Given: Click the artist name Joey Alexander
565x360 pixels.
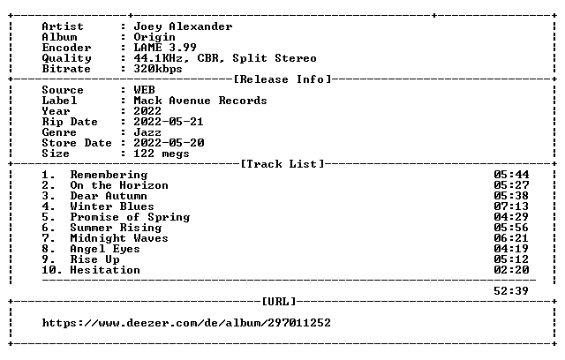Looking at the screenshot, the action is click(183, 26).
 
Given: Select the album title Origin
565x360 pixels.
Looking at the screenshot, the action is click(154, 37).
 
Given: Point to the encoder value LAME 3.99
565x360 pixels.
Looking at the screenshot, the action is click(165, 48).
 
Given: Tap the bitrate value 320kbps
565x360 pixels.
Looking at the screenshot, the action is click(158, 69).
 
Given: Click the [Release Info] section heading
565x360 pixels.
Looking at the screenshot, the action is click(282, 79).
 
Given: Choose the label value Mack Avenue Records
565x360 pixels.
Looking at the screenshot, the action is click(200, 101).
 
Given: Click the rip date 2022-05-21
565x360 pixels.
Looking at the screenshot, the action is click(169, 122).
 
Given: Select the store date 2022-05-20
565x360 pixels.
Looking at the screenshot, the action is click(169, 143).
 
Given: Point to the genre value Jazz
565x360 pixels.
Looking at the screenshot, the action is click(147, 132).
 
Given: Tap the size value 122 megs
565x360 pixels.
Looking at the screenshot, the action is click(162, 154).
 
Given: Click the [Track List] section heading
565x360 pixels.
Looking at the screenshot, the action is click(282, 164).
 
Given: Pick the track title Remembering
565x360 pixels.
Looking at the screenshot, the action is click(109, 175).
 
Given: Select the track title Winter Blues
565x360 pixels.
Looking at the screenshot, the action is click(112, 206).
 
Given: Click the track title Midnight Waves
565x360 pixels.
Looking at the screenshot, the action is click(119, 238).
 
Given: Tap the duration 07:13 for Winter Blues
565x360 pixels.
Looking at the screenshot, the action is click(511, 206).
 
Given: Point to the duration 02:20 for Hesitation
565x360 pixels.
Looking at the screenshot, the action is click(511, 270).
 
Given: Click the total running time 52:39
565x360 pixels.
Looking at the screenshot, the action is click(511, 291).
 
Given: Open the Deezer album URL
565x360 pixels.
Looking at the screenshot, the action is click(186, 323).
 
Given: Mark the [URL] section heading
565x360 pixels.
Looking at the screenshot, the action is click(279, 301).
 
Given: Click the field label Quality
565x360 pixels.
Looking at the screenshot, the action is click(67, 58).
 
